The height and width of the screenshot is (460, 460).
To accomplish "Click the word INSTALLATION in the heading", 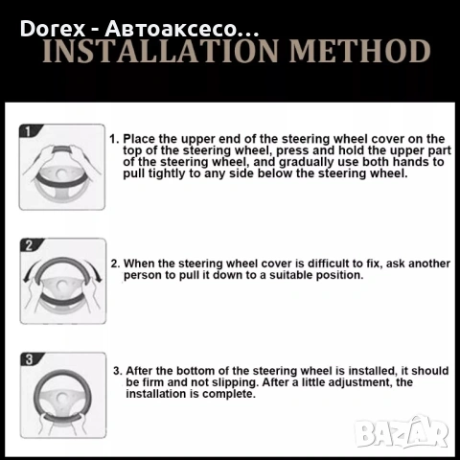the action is tap(161, 51).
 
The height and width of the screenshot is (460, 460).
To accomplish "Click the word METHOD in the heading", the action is tap(360, 51).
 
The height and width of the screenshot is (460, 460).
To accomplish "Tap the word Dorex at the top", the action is tap(53, 29).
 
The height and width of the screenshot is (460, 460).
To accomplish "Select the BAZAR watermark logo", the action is tap(402, 432).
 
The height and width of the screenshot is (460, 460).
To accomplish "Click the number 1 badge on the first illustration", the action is tap(28, 131).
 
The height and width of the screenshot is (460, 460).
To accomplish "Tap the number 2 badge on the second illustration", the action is tap(29, 245).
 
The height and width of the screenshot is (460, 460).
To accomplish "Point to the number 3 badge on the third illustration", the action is tap(29, 359).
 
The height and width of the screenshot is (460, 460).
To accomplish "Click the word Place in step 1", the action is tap(139, 139).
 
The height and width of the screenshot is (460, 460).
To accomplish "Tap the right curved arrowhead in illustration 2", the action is tap(98, 279).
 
